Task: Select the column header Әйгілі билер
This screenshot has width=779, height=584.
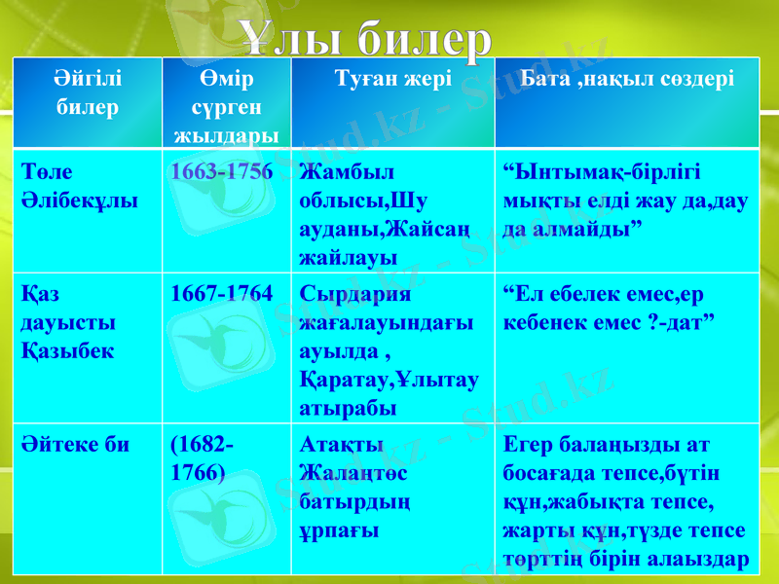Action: tap(87, 92)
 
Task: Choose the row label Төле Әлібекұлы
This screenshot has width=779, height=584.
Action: tap(79, 188)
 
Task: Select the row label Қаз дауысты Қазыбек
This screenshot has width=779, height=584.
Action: tap(67, 322)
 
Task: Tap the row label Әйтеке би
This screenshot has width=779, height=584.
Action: tap(75, 446)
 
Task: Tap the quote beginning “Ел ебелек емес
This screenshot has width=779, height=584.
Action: tap(612, 308)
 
